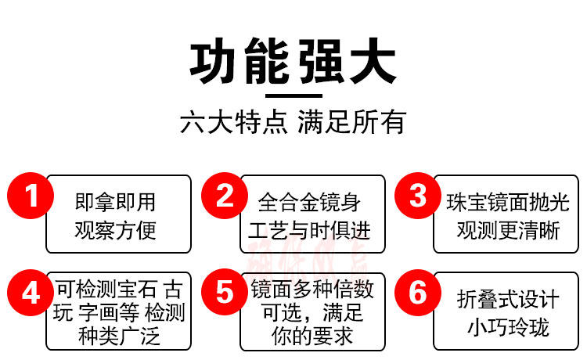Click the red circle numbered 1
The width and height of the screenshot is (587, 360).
(30, 195)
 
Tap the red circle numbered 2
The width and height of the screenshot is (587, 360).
(225, 195)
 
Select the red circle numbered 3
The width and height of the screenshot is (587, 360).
(419, 195)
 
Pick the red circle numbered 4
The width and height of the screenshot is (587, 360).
(30, 293)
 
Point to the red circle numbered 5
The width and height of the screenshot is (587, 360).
(225, 293)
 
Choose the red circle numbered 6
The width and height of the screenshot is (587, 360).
(419, 293)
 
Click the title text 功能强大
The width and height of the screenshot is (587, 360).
(293, 63)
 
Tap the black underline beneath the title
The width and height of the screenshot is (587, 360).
(293, 96)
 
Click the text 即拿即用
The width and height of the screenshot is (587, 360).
(115, 202)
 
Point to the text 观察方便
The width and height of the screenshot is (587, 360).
(115, 230)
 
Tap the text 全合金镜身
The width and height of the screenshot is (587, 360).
(309, 202)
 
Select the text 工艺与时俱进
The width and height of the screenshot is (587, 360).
(309, 230)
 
